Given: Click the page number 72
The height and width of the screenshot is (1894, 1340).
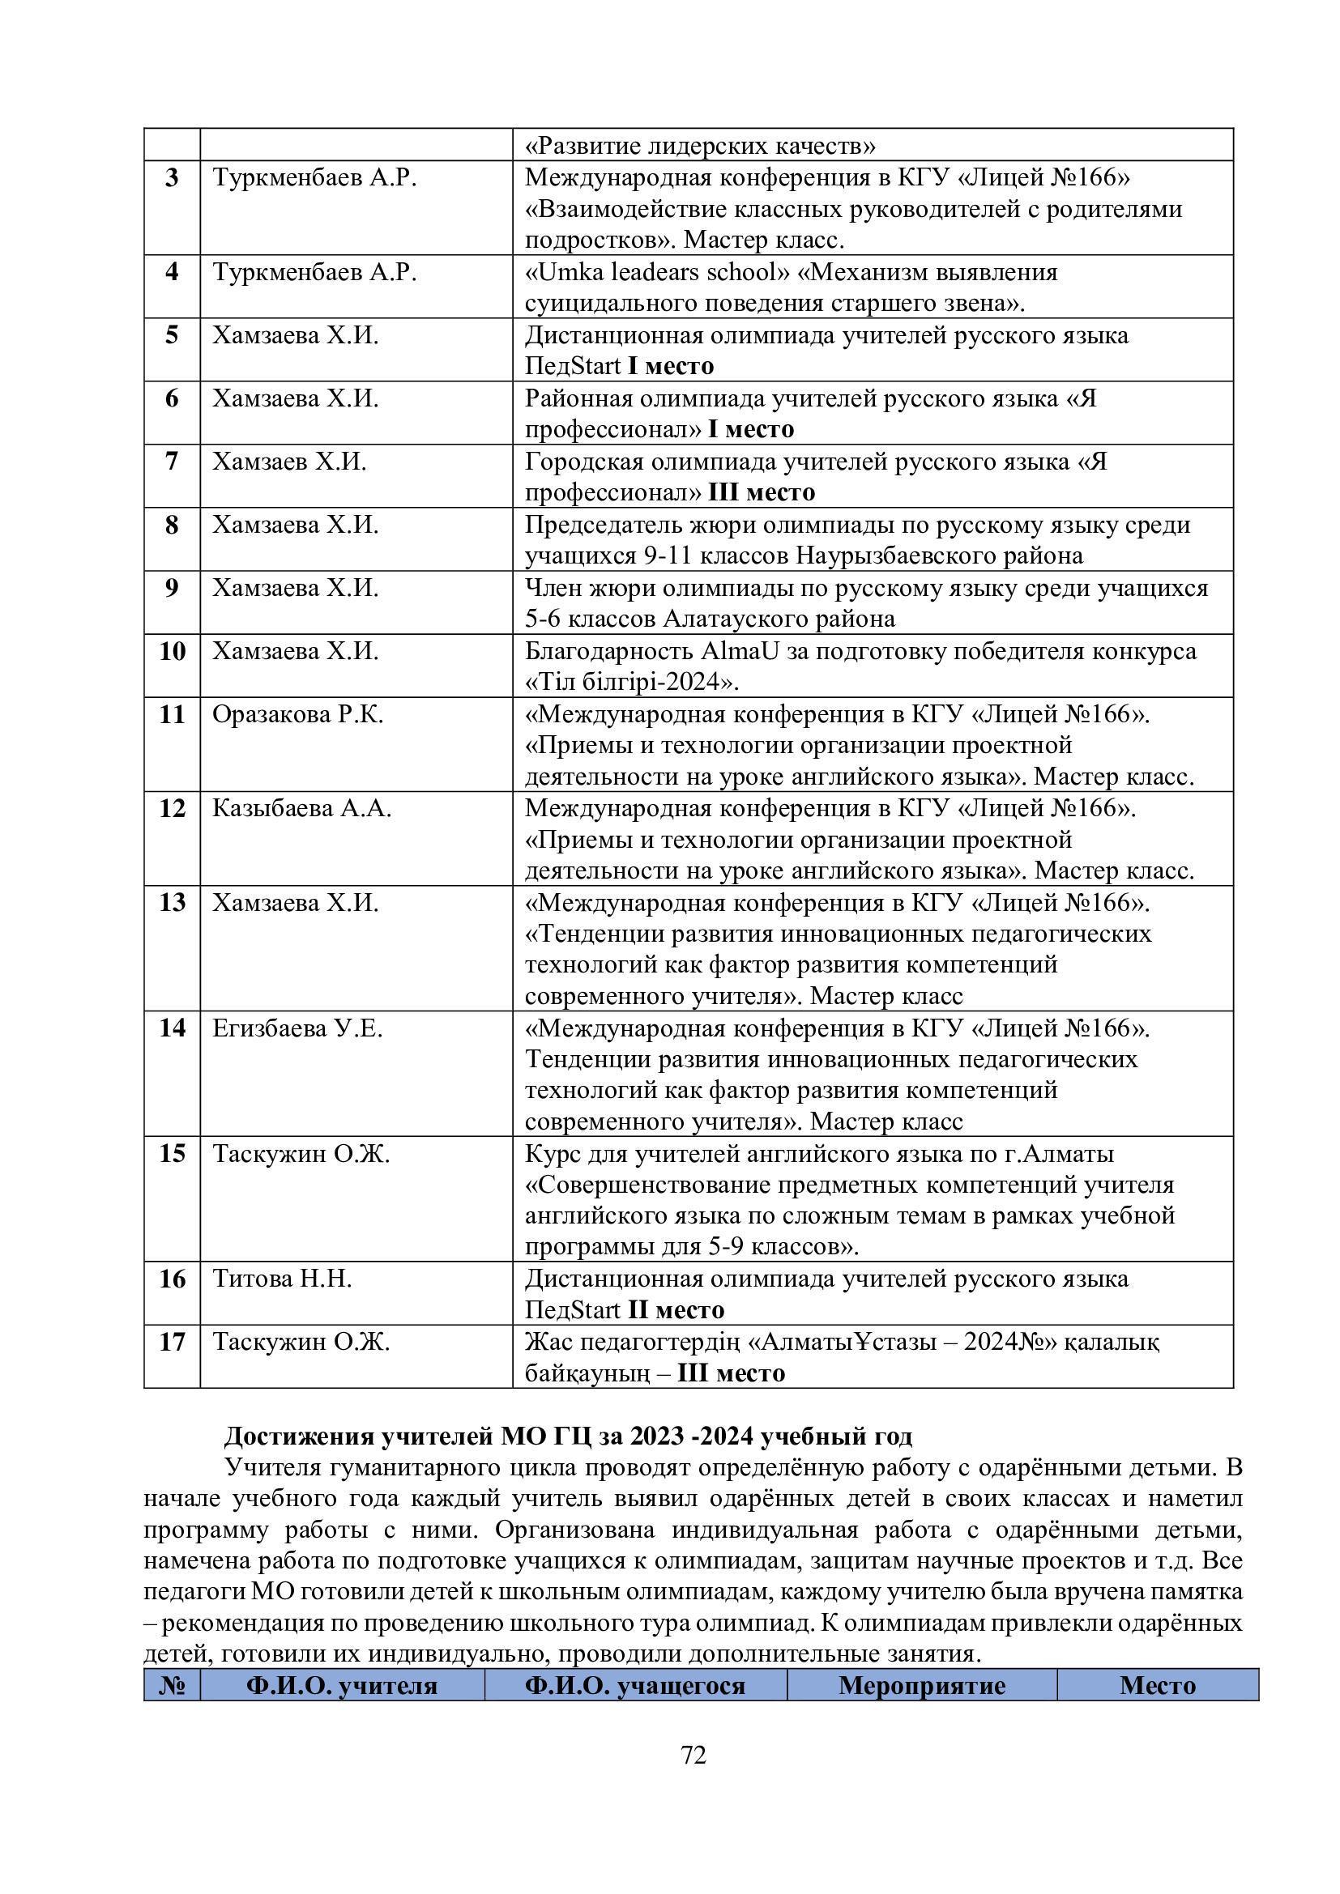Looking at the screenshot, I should tap(694, 1756).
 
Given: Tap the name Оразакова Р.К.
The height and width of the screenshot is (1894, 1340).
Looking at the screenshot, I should tap(298, 714).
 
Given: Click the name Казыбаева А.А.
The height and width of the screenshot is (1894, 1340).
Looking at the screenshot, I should tap(302, 808).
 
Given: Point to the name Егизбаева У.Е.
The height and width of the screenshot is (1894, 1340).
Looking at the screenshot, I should tap(298, 1028).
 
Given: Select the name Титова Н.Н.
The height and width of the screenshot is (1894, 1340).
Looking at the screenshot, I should tap(282, 1279).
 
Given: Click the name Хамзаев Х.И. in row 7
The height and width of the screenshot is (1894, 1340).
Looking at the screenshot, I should tap(289, 461).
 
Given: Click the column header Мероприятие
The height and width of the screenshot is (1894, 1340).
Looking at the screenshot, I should tap(922, 1685).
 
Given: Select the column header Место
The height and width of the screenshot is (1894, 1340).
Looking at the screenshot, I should tap(1157, 1685).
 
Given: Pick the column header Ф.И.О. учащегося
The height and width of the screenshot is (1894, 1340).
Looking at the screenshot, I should tap(634, 1685).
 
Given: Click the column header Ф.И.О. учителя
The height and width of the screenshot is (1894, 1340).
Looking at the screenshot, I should tap(342, 1685).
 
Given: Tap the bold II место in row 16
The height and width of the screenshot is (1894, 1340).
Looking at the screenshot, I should tap(676, 1311).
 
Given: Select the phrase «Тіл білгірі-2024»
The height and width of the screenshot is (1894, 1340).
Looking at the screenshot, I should tap(631, 683).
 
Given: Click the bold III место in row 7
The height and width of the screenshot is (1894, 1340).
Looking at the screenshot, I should tap(761, 492).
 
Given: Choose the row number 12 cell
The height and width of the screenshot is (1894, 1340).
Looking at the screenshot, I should tap(172, 808).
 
